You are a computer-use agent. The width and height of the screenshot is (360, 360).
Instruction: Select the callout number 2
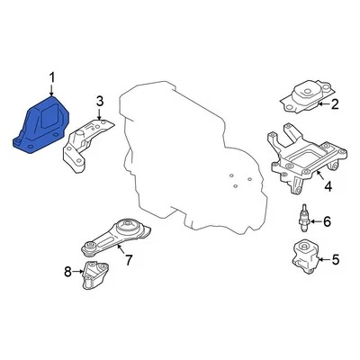click(335, 105)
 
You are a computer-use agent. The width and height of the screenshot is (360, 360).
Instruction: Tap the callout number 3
click(100, 100)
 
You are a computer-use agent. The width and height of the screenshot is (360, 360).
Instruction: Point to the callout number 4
click(328, 187)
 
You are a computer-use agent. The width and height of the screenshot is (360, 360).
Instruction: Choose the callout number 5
click(335, 261)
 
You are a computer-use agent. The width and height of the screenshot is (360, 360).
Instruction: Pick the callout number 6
click(327, 221)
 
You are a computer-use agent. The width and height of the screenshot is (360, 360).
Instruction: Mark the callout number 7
click(129, 262)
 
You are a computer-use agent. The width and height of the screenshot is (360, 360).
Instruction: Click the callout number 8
click(67, 271)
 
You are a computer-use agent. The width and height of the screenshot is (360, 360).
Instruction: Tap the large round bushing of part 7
click(128, 229)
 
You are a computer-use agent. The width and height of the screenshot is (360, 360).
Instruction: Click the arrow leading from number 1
click(51, 93)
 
